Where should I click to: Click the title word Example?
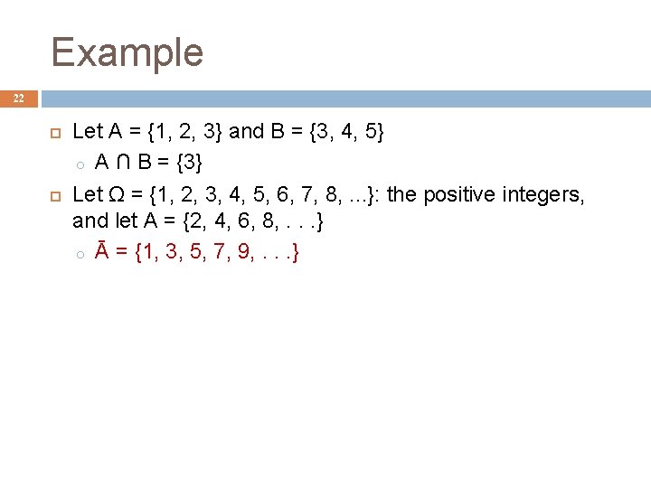pos(127,52)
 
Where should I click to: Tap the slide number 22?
pos(19,99)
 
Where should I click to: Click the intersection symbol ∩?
pos(123,163)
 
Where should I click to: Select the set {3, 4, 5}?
pos(347,132)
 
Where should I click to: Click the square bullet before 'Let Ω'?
pos(53,193)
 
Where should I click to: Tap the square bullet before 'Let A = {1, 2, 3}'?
pos(53,132)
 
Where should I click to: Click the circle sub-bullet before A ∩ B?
pos(80,164)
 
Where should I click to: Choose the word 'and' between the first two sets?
pos(246,132)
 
